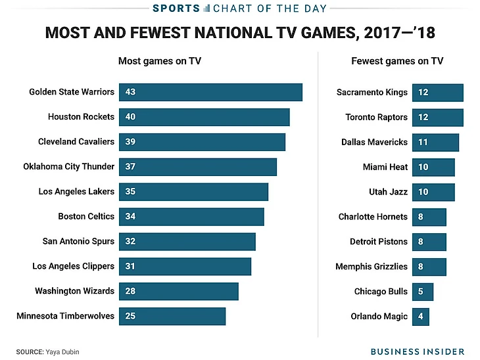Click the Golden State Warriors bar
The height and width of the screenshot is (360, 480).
[x=210, y=92]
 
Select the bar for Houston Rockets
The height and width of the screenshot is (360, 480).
[x=204, y=117]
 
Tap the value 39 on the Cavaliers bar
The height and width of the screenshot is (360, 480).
[x=130, y=142]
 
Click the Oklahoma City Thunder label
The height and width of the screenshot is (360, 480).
[x=69, y=167]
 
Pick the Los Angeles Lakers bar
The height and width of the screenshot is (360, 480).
[x=194, y=192]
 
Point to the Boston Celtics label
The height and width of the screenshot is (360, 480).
[x=86, y=217]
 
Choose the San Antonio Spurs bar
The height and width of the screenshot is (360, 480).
[x=187, y=242]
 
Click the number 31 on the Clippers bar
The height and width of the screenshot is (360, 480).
[x=130, y=267]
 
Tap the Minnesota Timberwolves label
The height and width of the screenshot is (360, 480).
[x=65, y=317]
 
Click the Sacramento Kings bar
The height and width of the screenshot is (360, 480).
[x=438, y=93]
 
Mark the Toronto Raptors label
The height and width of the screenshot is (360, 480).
[x=377, y=118]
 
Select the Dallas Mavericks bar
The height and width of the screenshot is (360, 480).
[x=435, y=143]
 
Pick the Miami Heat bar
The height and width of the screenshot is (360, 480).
[x=433, y=168]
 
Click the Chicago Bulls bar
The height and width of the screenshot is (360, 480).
[x=423, y=292]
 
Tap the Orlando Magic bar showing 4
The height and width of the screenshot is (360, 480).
[x=421, y=317]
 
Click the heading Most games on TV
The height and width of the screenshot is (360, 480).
[x=160, y=61]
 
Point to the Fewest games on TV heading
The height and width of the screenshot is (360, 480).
[x=397, y=61]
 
